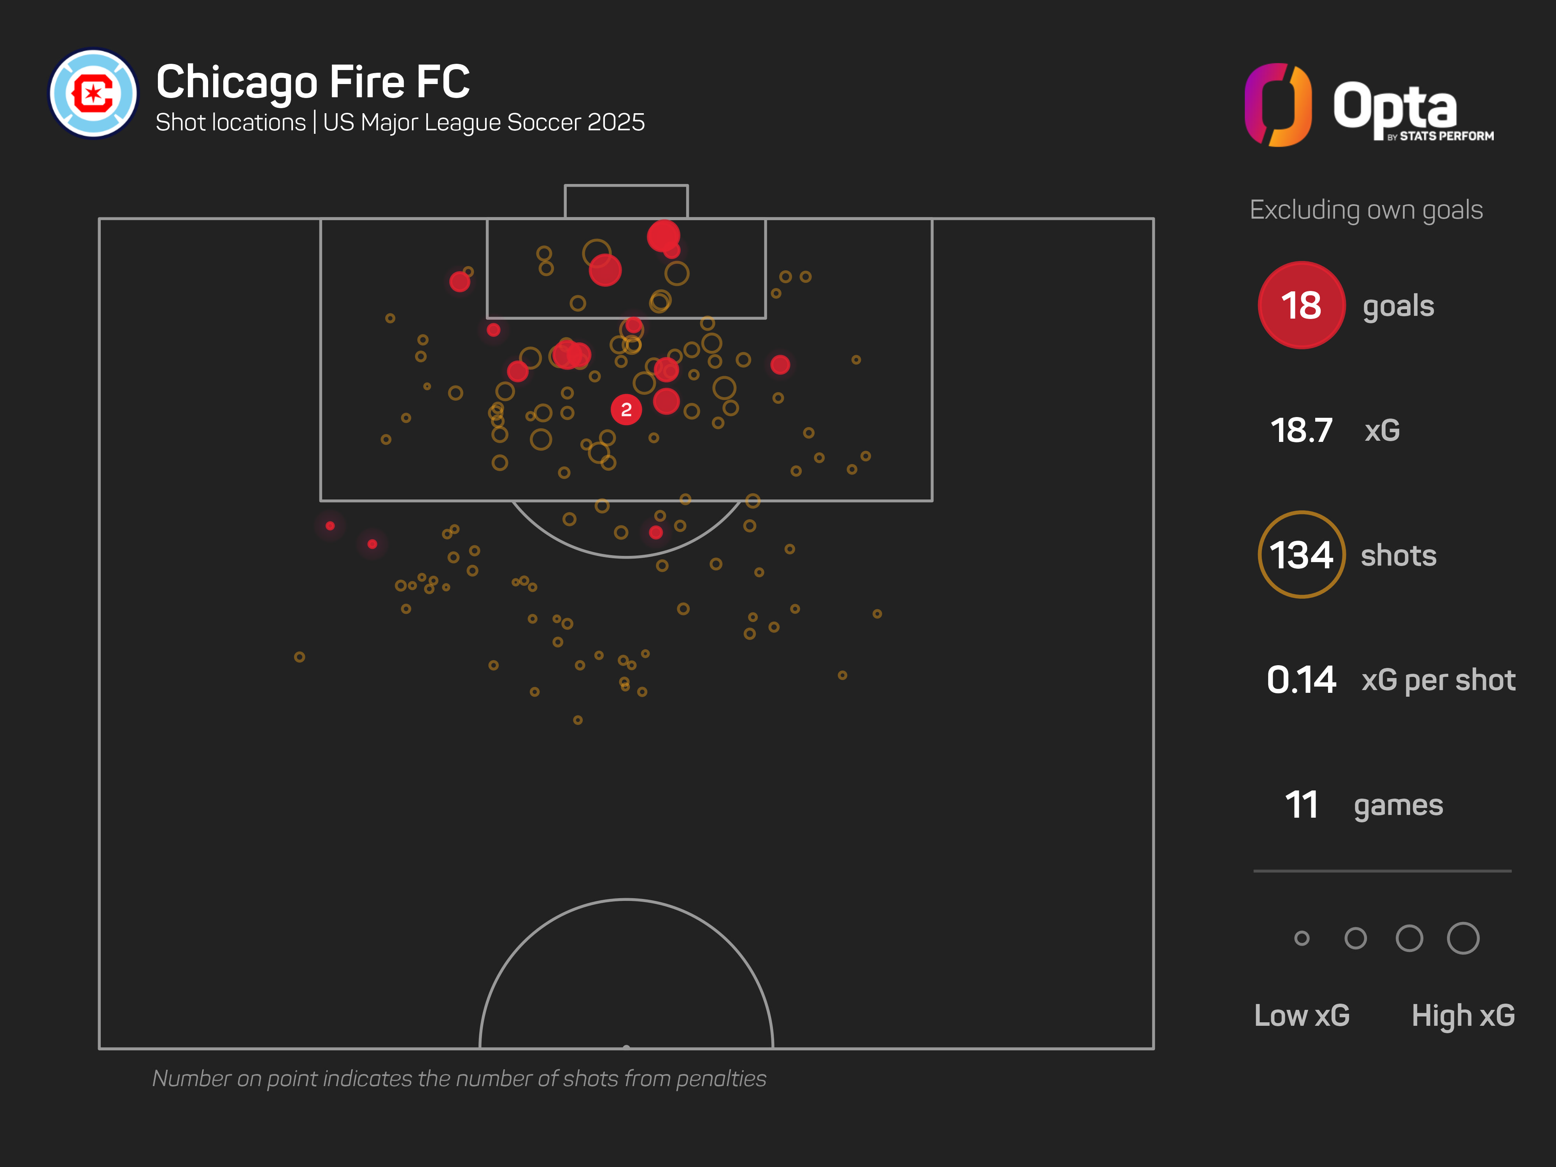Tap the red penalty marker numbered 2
pos(626,409)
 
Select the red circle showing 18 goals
pos(1301,305)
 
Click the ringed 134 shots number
pos(1301,555)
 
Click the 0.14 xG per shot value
pos(1301,680)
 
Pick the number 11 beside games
pos(1301,805)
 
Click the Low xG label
pos(1301,1015)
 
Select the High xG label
pos(1463,1015)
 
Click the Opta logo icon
pos(1278,105)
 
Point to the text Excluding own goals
pos(1366,210)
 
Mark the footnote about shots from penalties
pos(459,1078)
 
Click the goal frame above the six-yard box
pos(626,200)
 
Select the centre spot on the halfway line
pos(626,1047)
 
